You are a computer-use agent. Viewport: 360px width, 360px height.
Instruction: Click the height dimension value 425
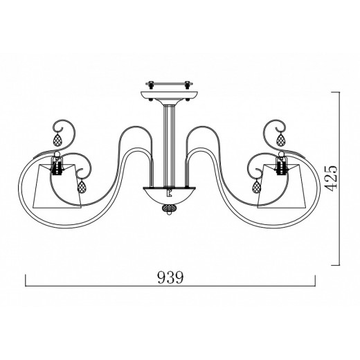pos(332,178)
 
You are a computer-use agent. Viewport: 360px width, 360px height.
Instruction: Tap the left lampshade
pos(57,186)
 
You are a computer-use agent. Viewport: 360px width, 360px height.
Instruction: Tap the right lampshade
pos(282,186)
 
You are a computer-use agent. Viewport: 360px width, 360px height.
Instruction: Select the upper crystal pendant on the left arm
pos(57,139)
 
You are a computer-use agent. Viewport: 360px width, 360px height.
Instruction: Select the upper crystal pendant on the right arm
pos(281,139)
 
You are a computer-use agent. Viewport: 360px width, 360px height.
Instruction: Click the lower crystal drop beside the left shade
pos(82,186)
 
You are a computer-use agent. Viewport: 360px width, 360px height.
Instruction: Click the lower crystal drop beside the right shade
pos(257,186)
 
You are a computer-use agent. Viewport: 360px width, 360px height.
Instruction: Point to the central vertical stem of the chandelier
pos(170,145)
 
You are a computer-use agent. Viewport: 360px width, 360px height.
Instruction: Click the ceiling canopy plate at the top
pos(170,95)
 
